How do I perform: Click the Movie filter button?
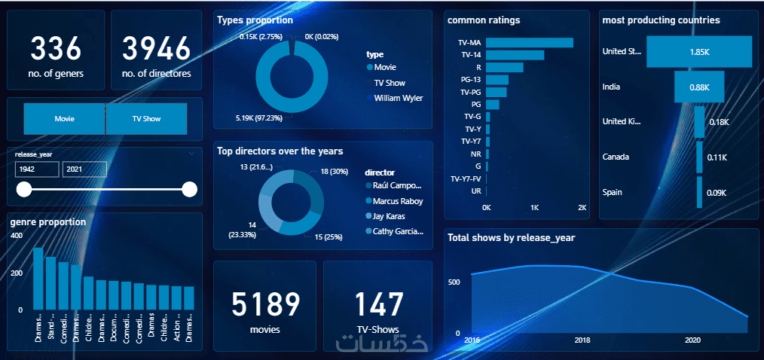(x=65, y=119)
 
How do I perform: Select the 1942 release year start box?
(x=36, y=169)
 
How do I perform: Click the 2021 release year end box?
(x=84, y=169)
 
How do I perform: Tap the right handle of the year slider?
(x=189, y=189)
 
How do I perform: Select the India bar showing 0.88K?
(x=698, y=87)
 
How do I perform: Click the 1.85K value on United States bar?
(x=698, y=52)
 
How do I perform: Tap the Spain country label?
(x=613, y=192)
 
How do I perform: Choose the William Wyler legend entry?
(x=398, y=98)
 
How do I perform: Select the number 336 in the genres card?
(x=55, y=49)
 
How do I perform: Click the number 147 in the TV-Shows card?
(x=378, y=304)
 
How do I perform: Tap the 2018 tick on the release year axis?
(x=582, y=341)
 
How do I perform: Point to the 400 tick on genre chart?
(x=16, y=236)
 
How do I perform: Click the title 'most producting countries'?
(x=661, y=20)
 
